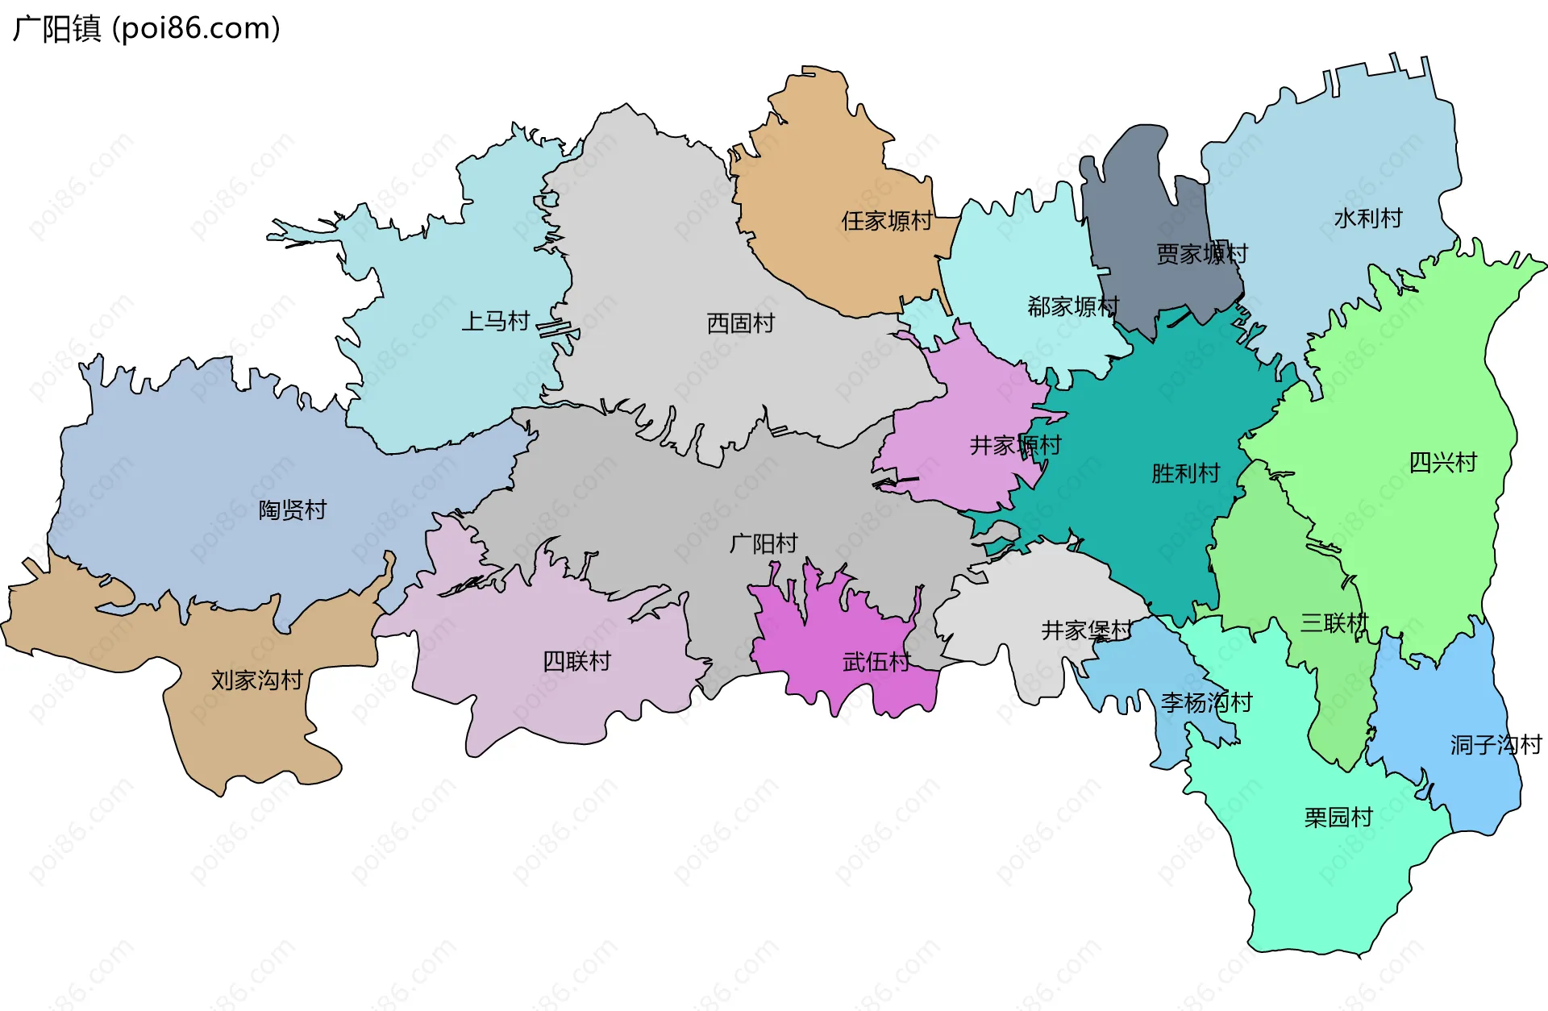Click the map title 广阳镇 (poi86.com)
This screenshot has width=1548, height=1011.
tap(147, 29)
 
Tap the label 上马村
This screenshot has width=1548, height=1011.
tap(495, 322)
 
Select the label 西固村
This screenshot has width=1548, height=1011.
tap(740, 323)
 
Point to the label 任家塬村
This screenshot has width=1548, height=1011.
tap(887, 221)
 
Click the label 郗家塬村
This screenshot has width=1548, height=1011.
tap(1073, 306)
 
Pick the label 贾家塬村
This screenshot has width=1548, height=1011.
tap(1201, 255)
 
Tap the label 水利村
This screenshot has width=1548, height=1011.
tap(1368, 218)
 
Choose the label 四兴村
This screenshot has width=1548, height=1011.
tap(1442, 463)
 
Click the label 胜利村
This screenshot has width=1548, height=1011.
tap(1185, 473)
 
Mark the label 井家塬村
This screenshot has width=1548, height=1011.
tap(1015, 445)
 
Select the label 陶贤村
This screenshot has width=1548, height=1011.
tap(292, 510)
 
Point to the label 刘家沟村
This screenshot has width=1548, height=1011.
tap(256, 680)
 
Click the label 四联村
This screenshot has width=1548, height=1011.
tap(576, 662)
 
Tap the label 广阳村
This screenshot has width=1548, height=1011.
tap(763, 544)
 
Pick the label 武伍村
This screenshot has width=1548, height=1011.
tap(876, 663)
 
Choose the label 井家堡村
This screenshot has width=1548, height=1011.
tap(1086, 630)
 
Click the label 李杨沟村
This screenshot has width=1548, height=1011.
tap(1206, 703)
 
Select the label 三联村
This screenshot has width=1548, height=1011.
tap(1334, 623)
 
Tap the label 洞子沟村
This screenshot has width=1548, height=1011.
tap(1496, 745)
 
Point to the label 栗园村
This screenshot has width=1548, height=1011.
tap(1338, 818)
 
